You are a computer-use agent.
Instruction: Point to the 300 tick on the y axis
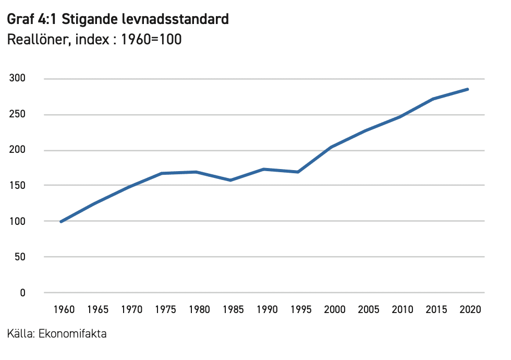tap(19, 79)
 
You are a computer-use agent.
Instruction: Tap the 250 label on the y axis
tap(19, 115)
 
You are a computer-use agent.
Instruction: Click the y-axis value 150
tap(19, 186)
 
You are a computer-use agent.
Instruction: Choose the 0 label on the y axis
tap(23, 293)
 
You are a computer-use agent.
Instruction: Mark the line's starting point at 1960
tap(61, 222)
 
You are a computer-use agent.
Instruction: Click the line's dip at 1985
tap(230, 180)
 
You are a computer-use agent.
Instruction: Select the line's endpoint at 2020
tap(467, 89)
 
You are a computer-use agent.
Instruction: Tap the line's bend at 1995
tap(298, 172)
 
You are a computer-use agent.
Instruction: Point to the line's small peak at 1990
tap(264, 169)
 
